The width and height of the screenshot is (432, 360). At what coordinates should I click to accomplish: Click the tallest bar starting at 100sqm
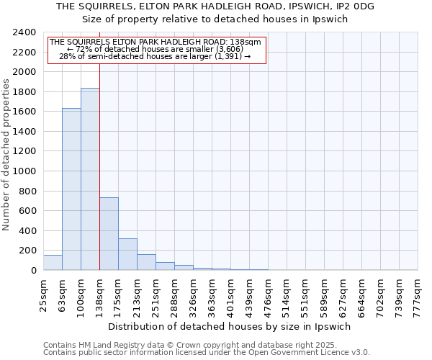90,179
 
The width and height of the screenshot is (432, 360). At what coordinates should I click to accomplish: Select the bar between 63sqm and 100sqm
71,189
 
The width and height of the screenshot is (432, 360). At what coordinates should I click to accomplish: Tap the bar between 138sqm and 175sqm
109,234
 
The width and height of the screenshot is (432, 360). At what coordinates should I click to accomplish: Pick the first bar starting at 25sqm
53,263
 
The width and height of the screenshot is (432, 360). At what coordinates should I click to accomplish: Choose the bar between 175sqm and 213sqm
127,254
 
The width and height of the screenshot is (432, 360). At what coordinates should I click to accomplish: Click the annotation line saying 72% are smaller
156,49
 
